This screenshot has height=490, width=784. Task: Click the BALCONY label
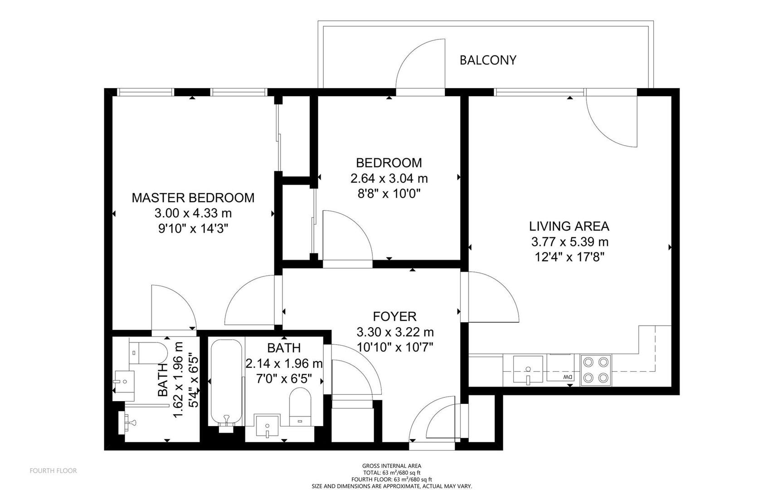[x=488, y=60]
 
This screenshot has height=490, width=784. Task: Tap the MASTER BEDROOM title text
[x=193, y=198]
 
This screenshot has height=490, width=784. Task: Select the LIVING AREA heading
[x=569, y=226]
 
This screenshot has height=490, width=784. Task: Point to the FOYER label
[x=394, y=316]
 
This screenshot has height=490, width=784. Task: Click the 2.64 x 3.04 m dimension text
[x=389, y=178]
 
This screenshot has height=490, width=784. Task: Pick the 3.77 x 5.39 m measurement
[x=570, y=242]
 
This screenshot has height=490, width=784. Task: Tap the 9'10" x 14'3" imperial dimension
[x=193, y=228]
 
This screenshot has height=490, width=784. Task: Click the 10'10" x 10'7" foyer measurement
[x=395, y=348]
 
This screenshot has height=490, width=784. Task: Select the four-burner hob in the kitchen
[x=596, y=370]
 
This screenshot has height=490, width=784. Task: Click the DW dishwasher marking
[x=568, y=377]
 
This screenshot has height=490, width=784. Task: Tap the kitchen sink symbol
[x=528, y=370]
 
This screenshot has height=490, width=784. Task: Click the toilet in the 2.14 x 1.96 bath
[x=300, y=407]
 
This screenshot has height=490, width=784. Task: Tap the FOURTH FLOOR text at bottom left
[x=53, y=471]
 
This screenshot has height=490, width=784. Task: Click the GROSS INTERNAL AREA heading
[x=392, y=466]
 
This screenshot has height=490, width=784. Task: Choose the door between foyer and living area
[x=490, y=297]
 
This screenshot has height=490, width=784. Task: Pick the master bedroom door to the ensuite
[x=174, y=308]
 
